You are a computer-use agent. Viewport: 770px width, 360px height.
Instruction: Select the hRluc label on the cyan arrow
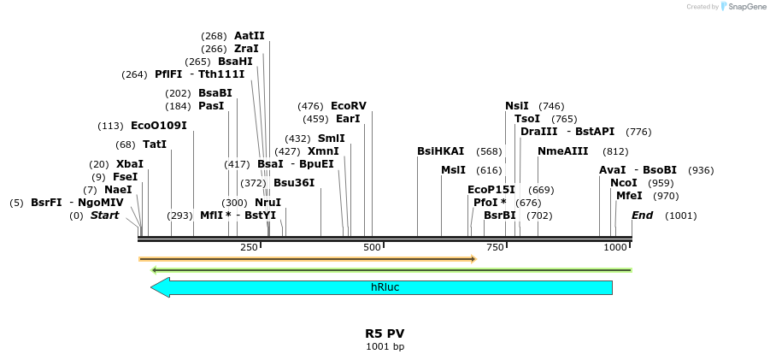tap(385, 287)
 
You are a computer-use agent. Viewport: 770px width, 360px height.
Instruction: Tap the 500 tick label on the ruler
tap(372, 247)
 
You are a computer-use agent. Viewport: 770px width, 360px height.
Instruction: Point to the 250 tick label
tap(249, 247)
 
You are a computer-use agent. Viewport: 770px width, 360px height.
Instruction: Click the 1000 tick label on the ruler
tap(615, 247)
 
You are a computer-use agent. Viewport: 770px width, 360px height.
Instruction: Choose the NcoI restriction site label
tap(624, 183)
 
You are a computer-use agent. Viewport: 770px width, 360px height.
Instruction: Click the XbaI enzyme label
tap(130, 164)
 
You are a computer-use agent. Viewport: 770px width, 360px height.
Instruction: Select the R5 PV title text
tap(385, 333)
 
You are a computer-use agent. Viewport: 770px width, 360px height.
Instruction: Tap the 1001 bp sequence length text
tap(385, 346)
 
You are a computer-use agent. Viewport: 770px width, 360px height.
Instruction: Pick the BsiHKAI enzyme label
tap(441, 151)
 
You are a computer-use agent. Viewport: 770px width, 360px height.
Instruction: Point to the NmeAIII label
tap(563, 151)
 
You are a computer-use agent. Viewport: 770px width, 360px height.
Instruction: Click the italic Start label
tap(104, 215)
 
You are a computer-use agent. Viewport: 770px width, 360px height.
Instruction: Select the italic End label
tap(642, 215)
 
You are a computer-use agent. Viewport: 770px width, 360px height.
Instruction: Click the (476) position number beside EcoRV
tap(310, 106)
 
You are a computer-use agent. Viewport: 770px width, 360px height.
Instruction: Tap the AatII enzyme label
tap(250, 36)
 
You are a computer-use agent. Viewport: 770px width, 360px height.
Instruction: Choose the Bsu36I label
tap(294, 183)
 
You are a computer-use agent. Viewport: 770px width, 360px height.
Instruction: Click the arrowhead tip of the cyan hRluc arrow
tap(152, 287)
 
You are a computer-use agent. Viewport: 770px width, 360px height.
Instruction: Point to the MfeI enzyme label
tap(629, 196)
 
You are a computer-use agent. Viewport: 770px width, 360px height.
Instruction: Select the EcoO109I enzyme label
tap(158, 126)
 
